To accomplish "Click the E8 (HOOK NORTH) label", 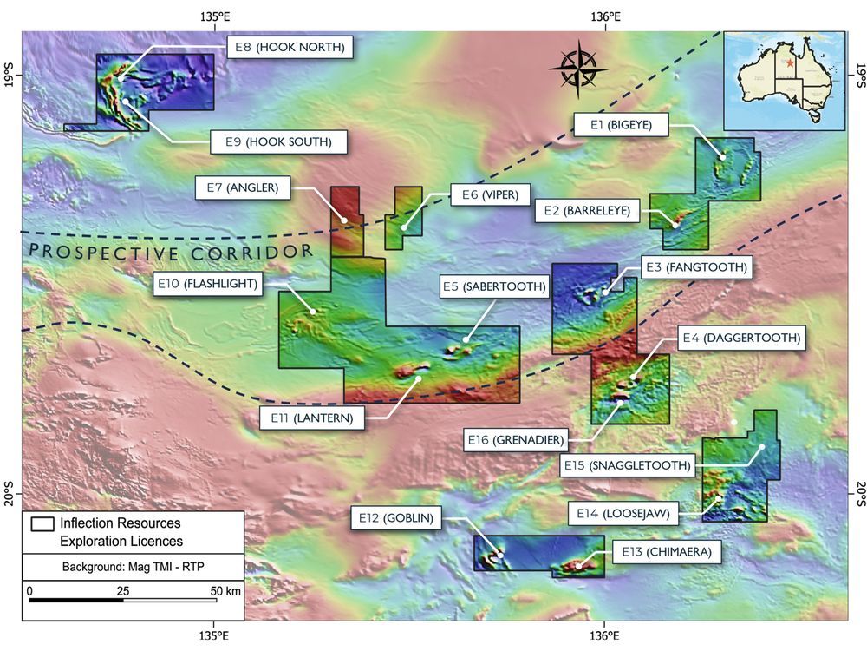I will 289,47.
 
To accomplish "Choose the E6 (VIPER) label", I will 489,195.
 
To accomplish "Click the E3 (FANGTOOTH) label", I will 695,267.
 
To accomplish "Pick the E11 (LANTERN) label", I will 311,418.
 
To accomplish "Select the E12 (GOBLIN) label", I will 398,519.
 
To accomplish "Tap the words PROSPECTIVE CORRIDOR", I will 171,253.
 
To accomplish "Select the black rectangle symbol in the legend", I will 42,524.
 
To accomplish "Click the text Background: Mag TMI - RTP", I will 134,567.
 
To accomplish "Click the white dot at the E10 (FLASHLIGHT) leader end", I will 313,311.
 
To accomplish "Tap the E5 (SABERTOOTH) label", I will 495,286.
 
